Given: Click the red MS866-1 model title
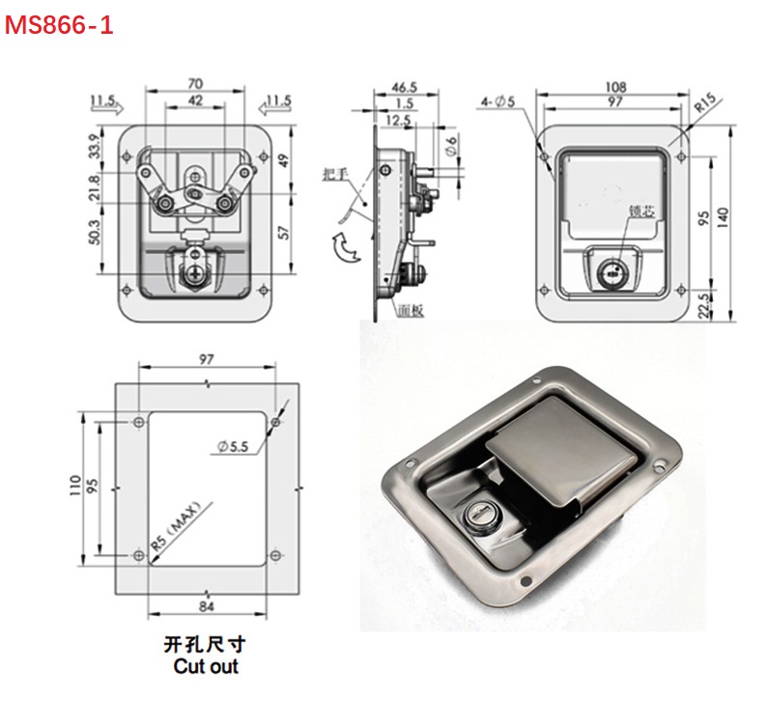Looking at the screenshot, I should [x=60, y=26].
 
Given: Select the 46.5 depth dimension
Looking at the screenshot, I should [x=404, y=87].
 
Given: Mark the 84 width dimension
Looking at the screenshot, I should [x=207, y=606].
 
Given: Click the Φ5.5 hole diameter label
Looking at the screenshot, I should [x=234, y=445].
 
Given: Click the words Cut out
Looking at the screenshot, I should [x=206, y=666].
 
